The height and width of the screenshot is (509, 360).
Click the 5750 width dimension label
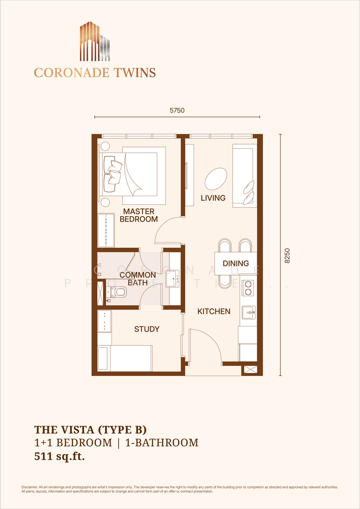point(177,110)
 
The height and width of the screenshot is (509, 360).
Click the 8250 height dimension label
point(287,256)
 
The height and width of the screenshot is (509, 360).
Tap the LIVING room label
point(213,198)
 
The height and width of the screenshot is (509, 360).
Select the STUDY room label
point(147,329)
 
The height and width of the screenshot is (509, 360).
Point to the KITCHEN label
point(214,311)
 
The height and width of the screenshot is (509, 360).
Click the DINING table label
point(236,263)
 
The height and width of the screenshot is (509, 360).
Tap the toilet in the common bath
point(116,292)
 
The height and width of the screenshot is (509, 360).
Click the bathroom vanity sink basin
point(173,279)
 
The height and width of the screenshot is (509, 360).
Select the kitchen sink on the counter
point(248,313)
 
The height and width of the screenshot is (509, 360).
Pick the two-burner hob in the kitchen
point(248,288)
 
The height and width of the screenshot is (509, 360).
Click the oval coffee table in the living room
point(216,179)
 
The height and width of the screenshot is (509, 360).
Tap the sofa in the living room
point(245,176)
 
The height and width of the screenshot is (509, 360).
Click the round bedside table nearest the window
point(105,146)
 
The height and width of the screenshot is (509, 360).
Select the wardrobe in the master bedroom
point(106,230)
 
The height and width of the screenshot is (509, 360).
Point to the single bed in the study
point(125,358)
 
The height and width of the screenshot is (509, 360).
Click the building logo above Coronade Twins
point(95,41)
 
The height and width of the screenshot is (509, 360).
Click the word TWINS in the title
point(135,73)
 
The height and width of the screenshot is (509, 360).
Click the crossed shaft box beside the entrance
point(250,369)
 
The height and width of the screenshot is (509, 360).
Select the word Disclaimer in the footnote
point(29,487)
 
